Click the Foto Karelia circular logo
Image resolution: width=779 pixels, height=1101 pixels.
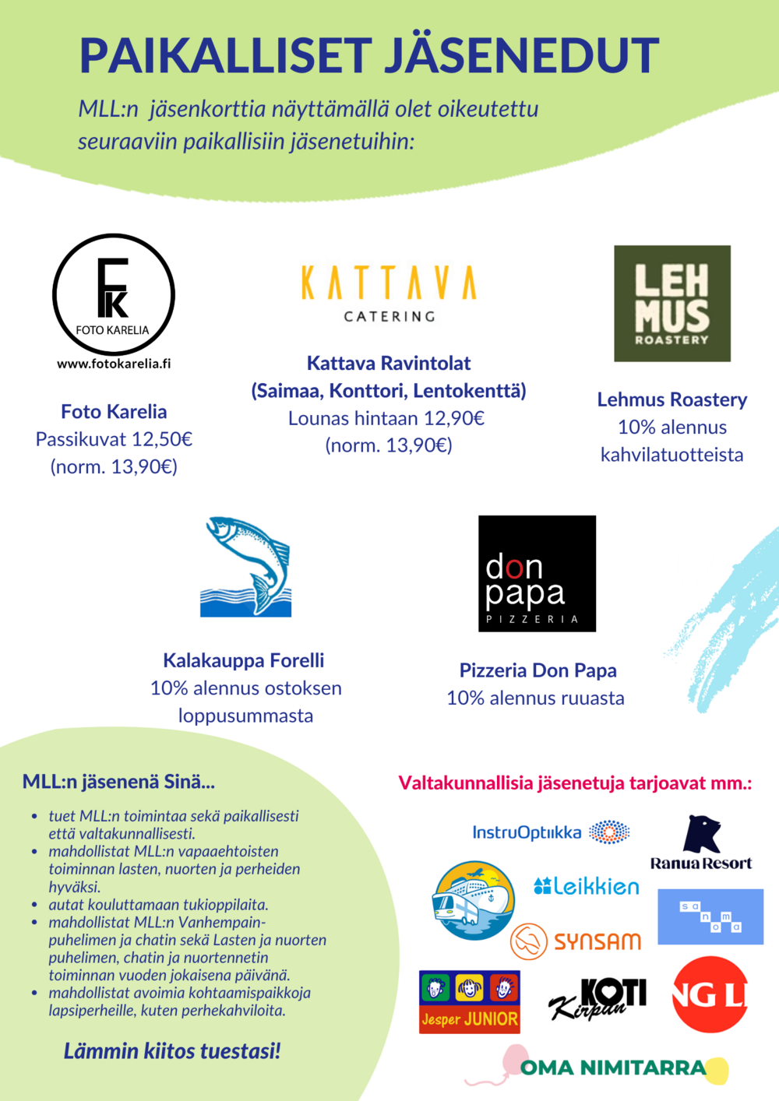click(x=114, y=295)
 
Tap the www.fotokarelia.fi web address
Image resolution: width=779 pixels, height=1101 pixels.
click(x=114, y=364)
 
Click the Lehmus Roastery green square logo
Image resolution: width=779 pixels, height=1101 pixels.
click(x=672, y=304)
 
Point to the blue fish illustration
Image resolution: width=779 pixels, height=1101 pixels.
click(x=247, y=567)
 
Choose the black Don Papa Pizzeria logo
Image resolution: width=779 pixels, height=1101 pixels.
click(x=537, y=573)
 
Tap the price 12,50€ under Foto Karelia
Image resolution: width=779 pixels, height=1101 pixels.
click(x=162, y=439)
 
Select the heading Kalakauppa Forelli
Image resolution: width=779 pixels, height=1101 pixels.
click(x=244, y=660)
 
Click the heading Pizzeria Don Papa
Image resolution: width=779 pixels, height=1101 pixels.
click(x=538, y=670)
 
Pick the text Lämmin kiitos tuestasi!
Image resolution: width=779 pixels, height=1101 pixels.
click(x=172, y=1051)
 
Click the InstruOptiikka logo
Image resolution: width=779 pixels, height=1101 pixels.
click(x=550, y=832)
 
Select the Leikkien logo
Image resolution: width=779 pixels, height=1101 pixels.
click(x=587, y=886)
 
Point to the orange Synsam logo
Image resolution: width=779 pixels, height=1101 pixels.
click(x=576, y=941)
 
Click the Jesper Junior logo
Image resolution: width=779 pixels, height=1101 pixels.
click(x=469, y=1002)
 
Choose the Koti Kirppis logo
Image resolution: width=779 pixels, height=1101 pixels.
click(x=598, y=999)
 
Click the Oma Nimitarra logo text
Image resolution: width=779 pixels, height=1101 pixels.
click(x=612, y=1068)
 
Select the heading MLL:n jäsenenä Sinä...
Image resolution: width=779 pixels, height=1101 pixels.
click(x=118, y=782)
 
